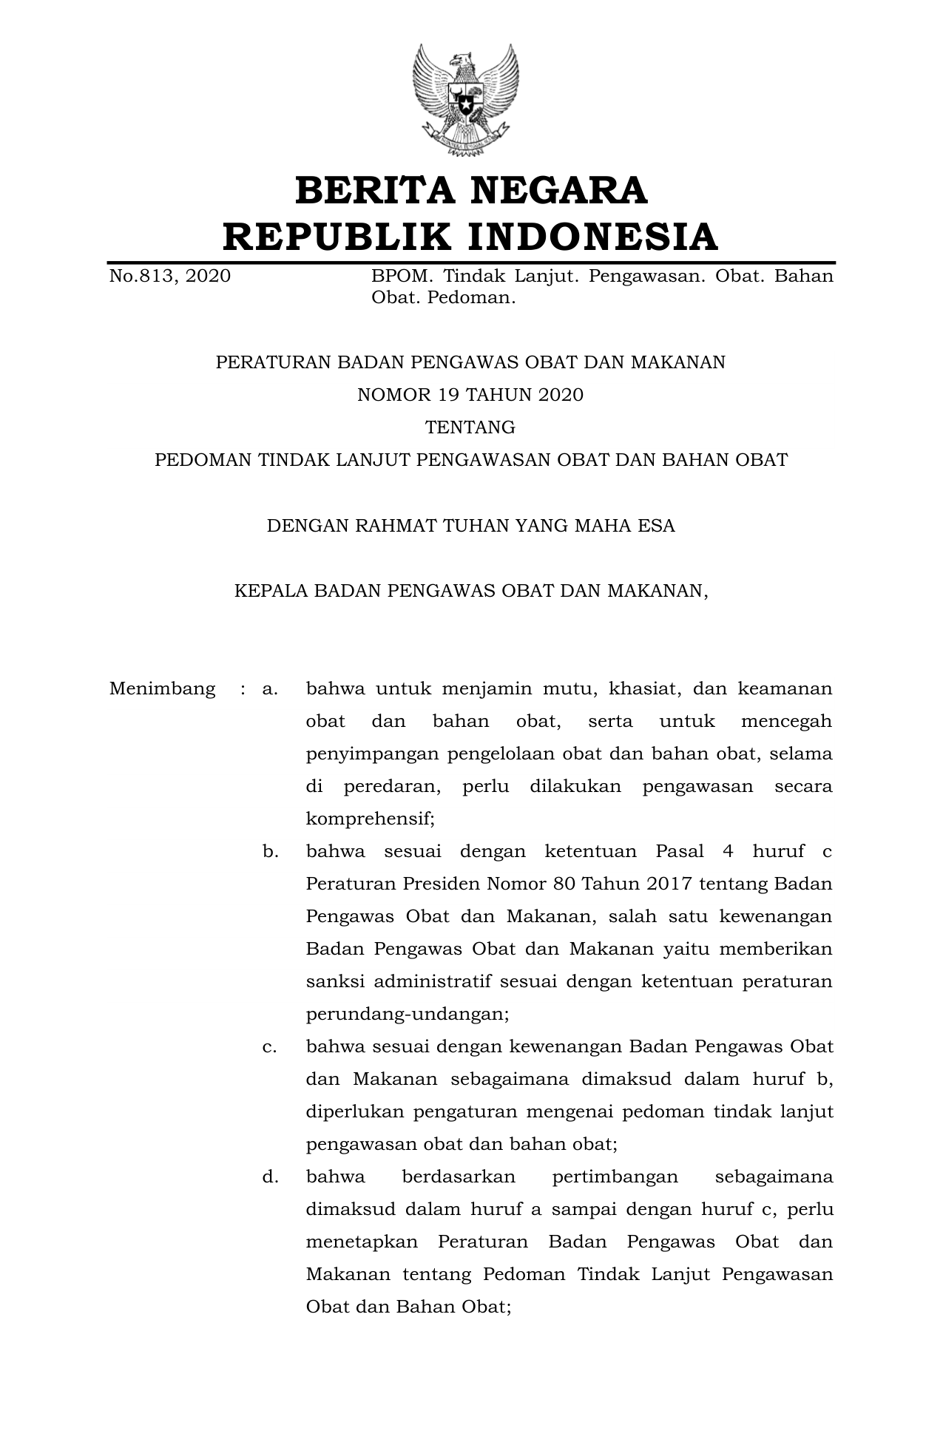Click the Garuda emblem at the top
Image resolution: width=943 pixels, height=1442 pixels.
[466, 100]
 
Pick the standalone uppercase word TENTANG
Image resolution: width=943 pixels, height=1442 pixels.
[470, 427]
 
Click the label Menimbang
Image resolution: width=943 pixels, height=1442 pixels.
[162, 689]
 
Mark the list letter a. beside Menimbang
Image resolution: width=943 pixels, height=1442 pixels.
[270, 689]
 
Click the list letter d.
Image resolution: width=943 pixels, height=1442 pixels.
[270, 1177]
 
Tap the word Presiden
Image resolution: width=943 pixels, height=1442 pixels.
[441, 884]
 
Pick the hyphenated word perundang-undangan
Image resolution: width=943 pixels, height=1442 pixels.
[408, 1015]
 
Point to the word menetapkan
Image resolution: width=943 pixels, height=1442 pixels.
[362, 1242]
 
